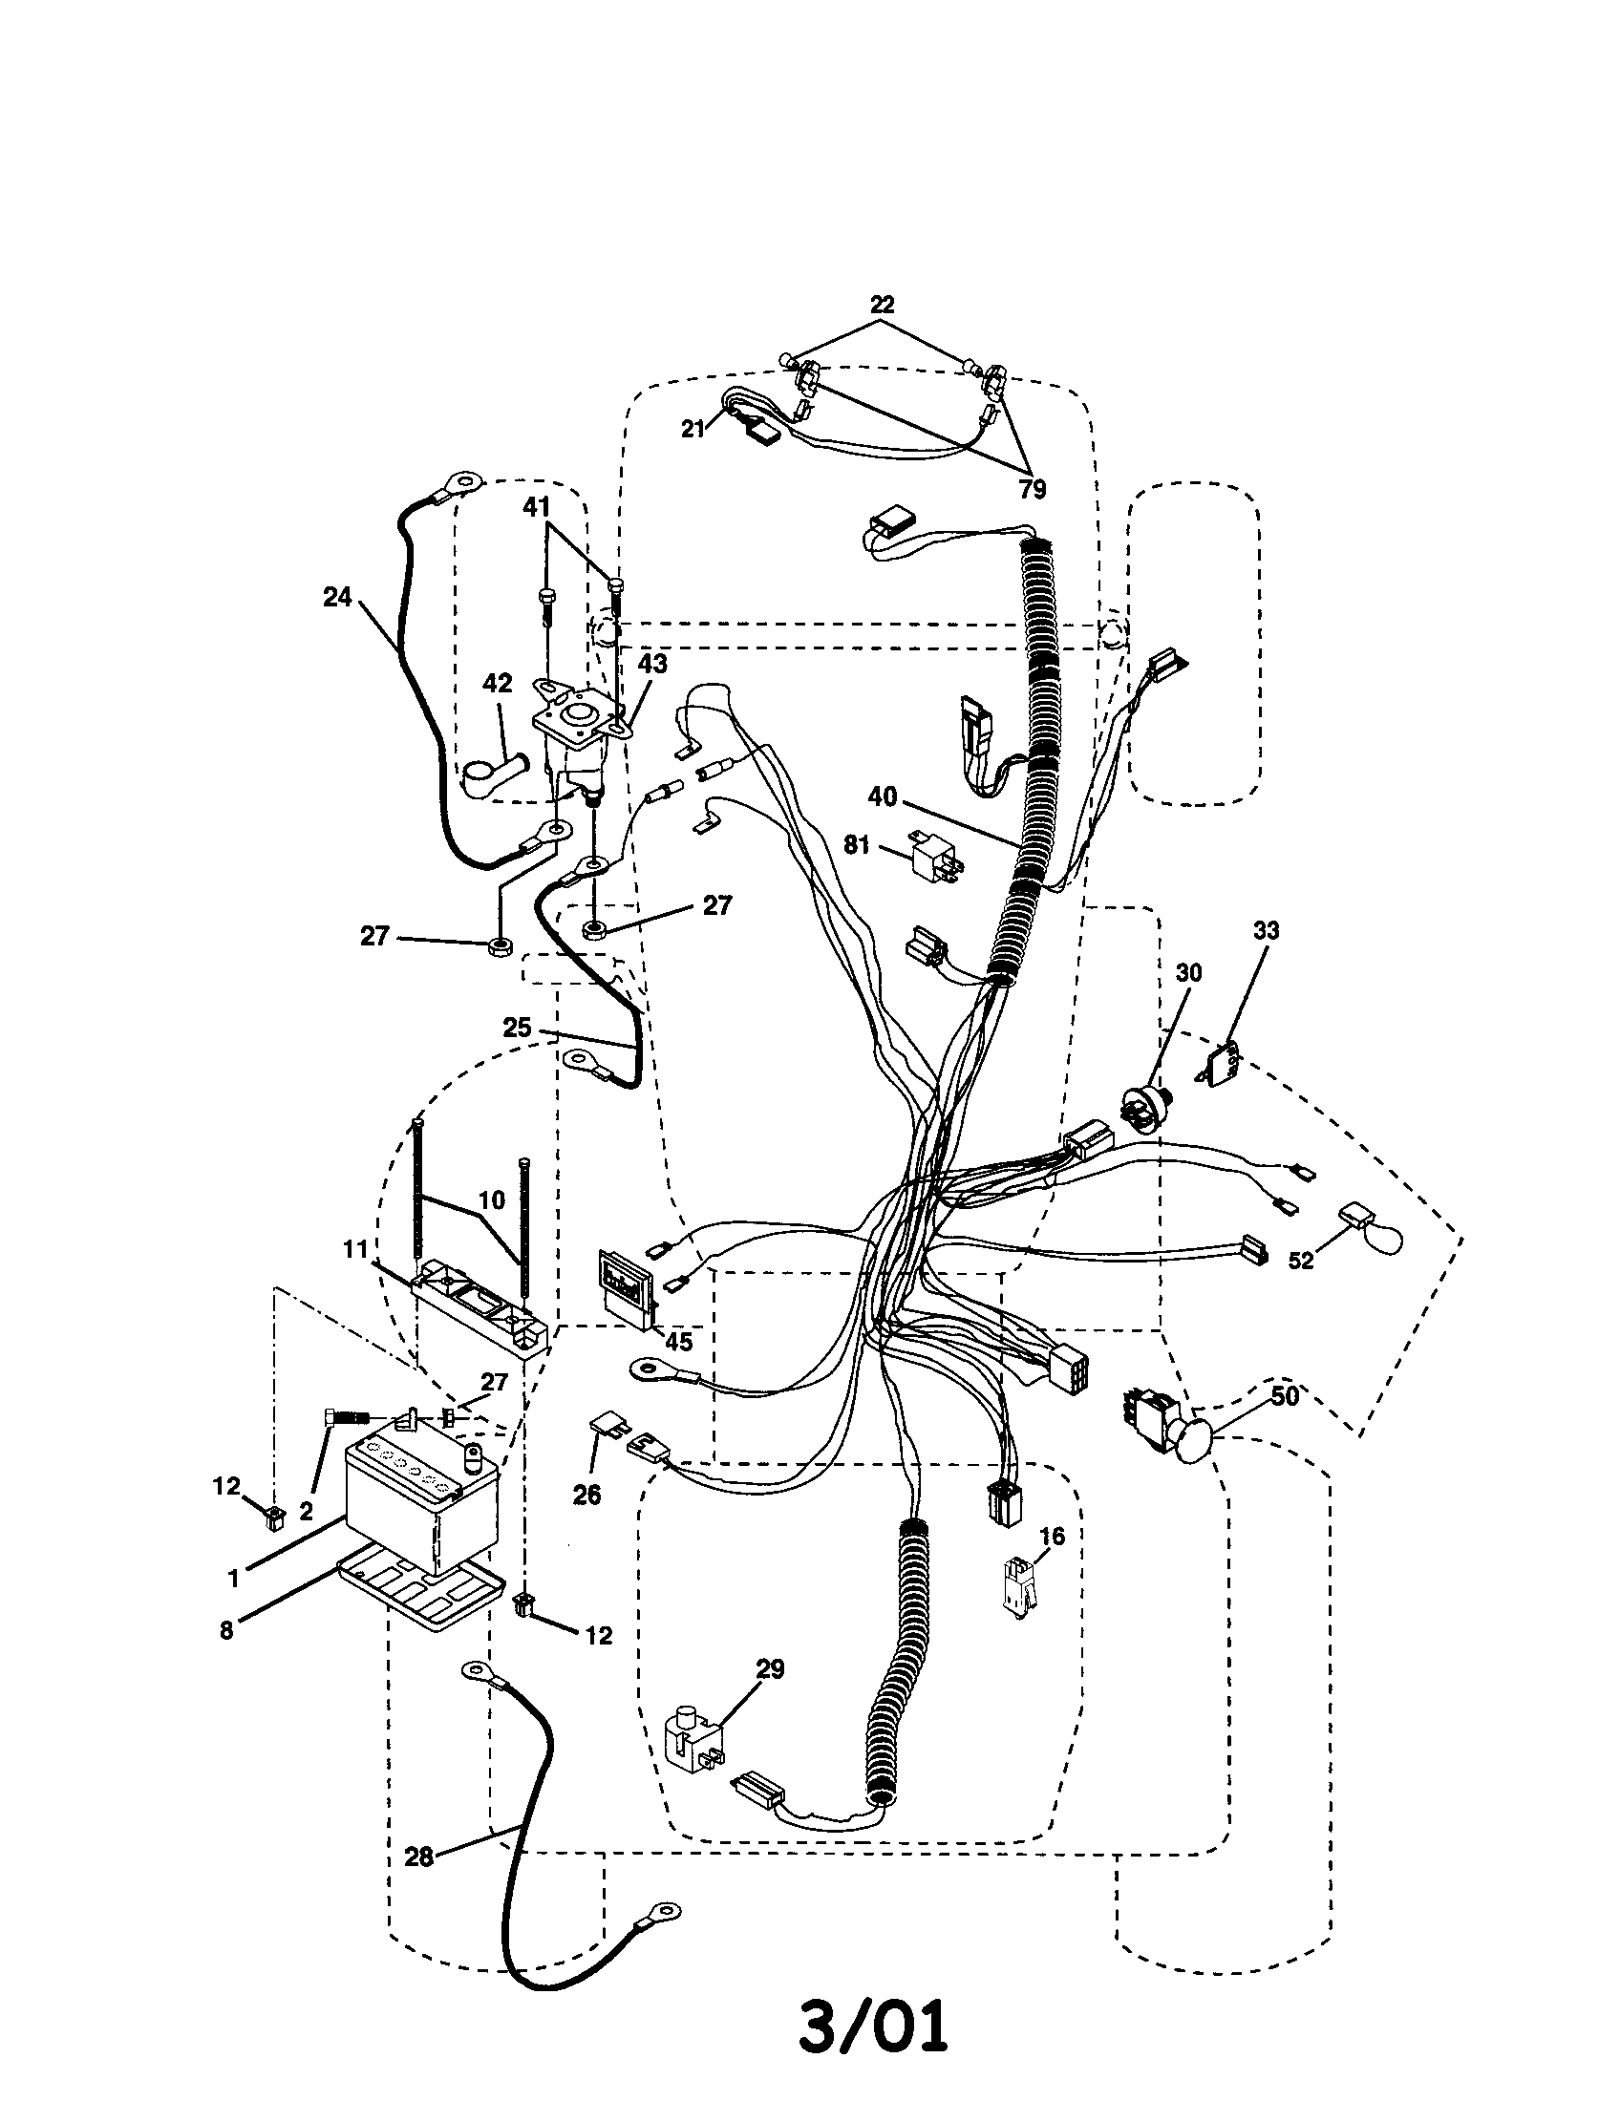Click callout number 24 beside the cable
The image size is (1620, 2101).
pos(336,598)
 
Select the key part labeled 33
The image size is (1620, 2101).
pos(1223,1062)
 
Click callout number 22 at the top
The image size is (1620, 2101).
pos(882,305)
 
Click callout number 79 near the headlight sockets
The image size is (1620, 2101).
pos(1032,489)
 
